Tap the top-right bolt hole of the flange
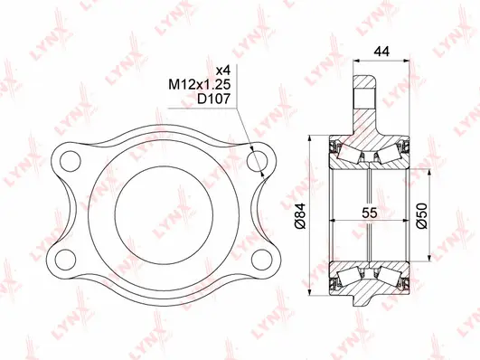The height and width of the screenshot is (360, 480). click(259, 163)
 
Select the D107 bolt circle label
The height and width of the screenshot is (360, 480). click(214, 101)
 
